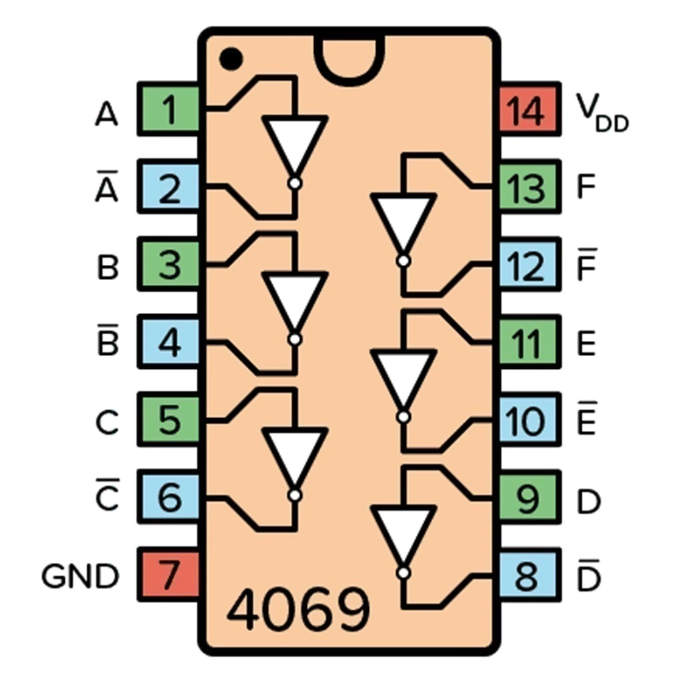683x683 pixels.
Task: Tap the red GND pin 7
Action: (168, 574)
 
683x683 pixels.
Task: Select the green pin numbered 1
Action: (168, 109)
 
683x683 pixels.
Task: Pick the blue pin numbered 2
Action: (168, 187)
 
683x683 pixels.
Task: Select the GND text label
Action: (80, 576)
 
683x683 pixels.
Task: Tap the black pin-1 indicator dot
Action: (231, 59)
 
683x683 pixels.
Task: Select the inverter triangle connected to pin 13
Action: (404, 224)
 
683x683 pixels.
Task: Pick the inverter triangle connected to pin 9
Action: (404, 536)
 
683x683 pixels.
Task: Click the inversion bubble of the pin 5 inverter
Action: (295, 496)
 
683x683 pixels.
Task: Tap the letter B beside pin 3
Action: (107, 267)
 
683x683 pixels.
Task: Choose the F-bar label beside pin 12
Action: (587, 265)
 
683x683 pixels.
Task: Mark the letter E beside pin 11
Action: (586, 344)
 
